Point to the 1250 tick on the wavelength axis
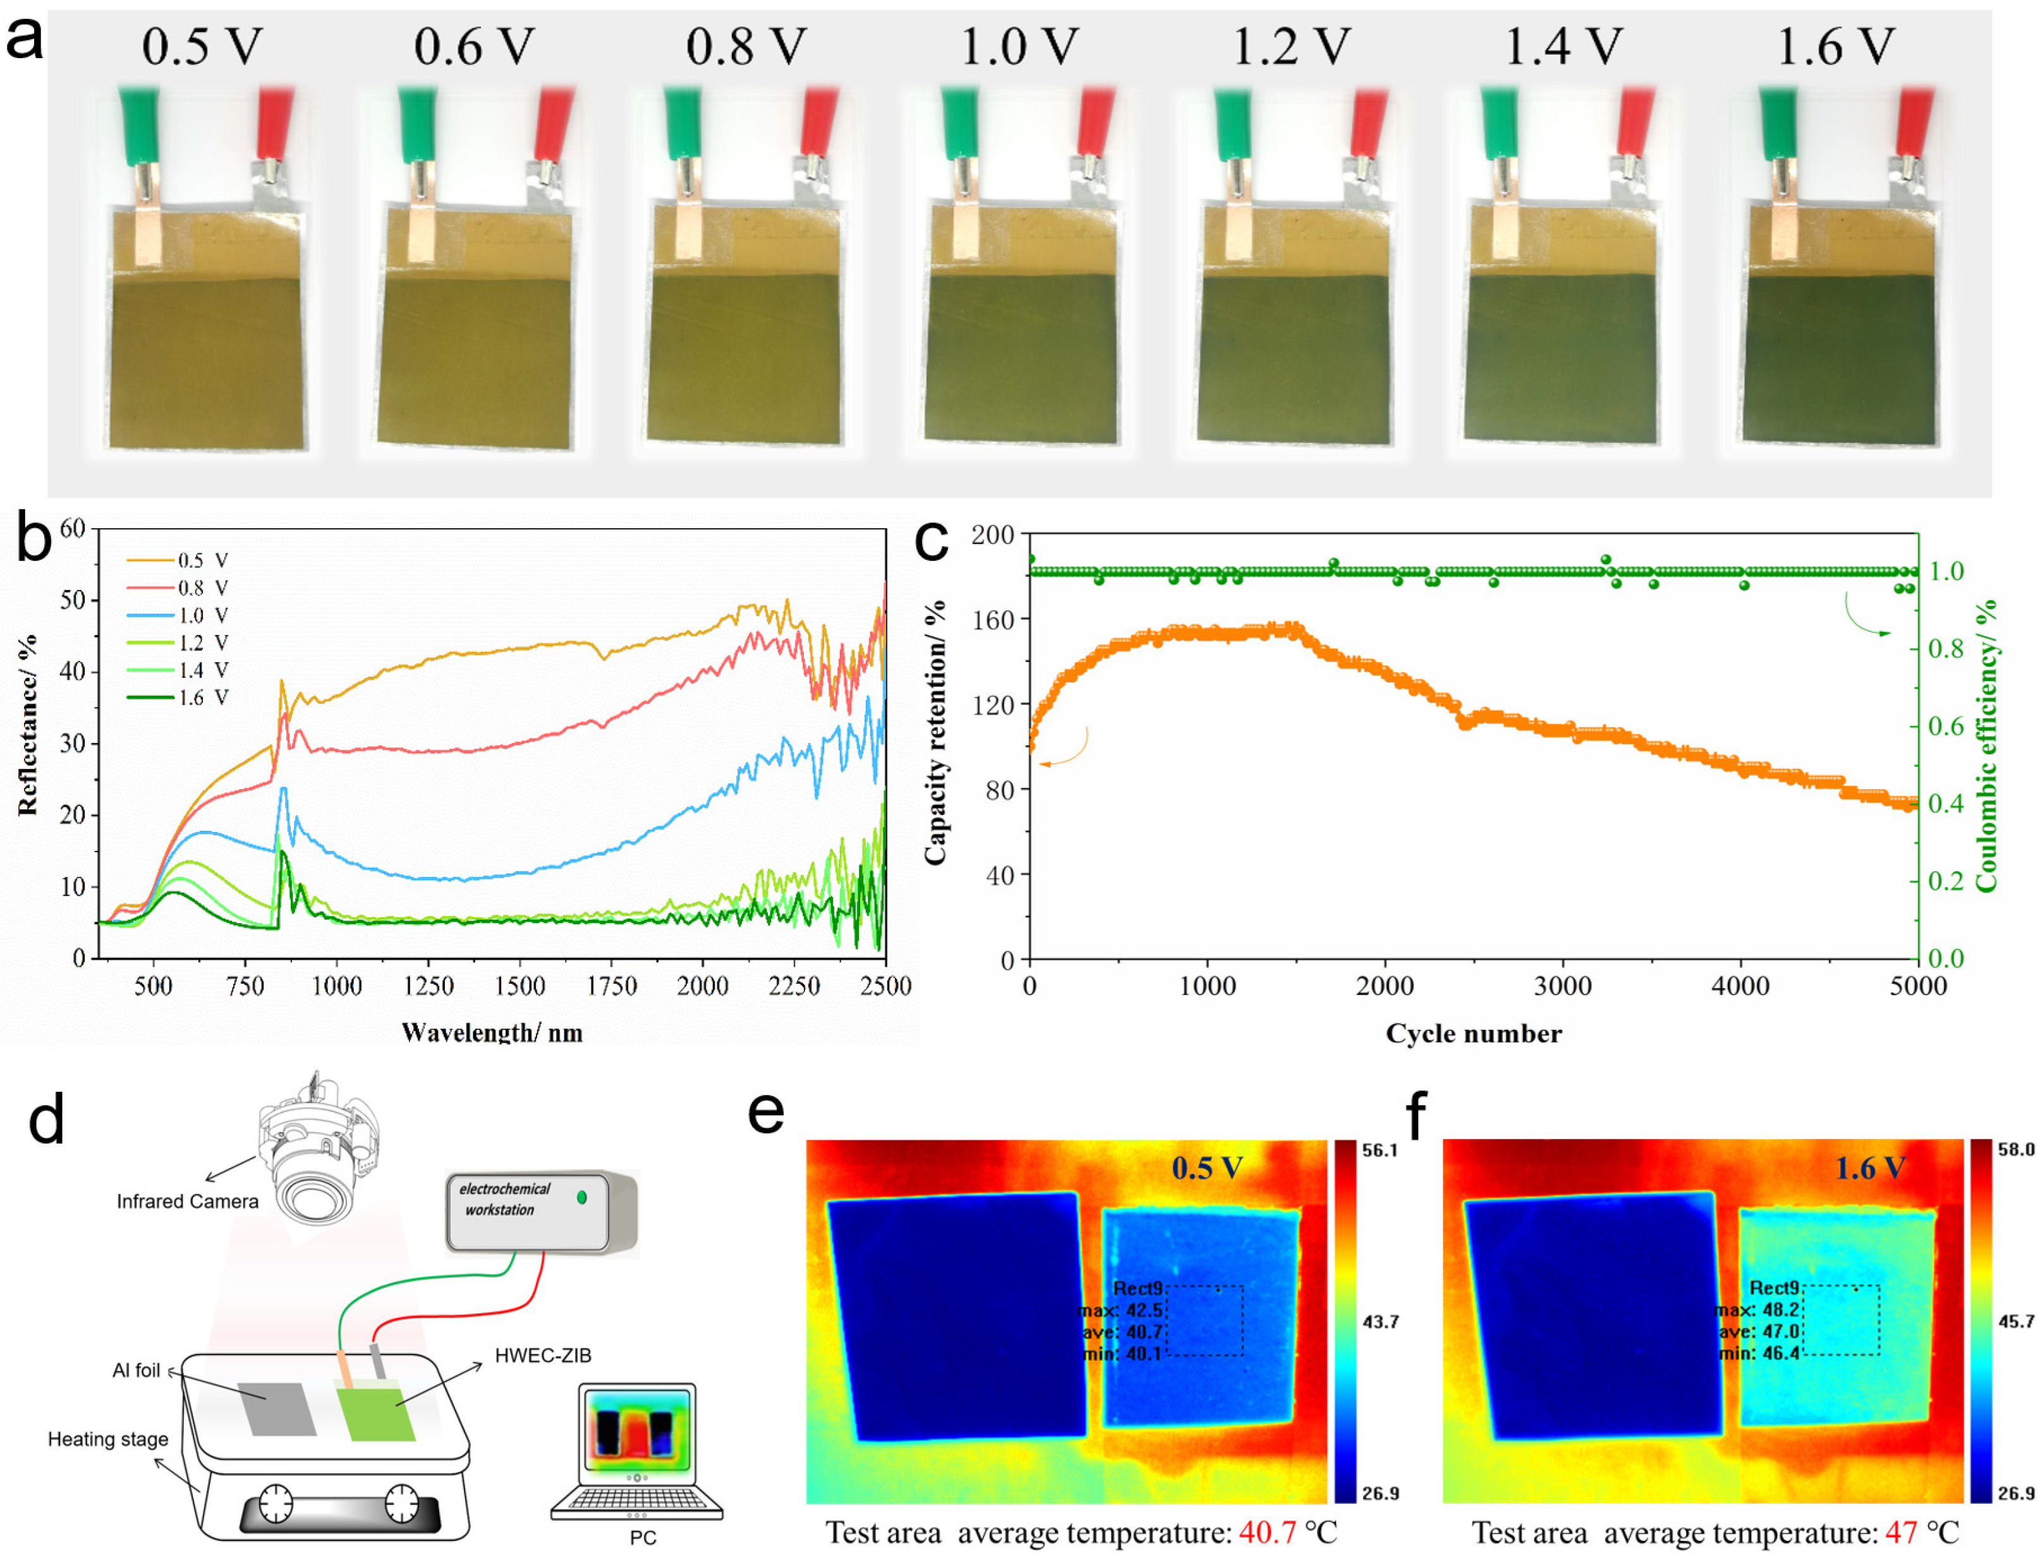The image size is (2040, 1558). click(x=428, y=985)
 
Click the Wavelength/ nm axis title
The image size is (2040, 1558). click(x=492, y=1032)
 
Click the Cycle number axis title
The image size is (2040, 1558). click(x=1473, y=1033)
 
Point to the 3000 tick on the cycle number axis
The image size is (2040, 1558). click(x=1562, y=985)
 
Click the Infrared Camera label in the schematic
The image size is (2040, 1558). click(x=188, y=1201)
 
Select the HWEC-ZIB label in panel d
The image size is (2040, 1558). click(x=543, y=1355)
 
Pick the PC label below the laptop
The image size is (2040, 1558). click(x=642, y=1538)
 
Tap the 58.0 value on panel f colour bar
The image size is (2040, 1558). click(x=2015, y=1150)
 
